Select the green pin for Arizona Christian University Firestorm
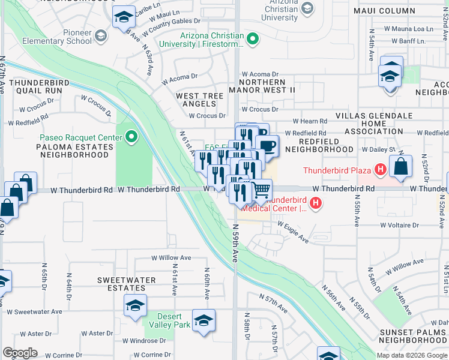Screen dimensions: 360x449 (x=253, y=40)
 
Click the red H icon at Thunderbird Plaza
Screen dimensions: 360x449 (x=379, y=170)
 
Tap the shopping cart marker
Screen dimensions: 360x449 (x=261, y=190)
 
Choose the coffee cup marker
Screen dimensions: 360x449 (x=267, y=145)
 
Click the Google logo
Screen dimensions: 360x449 (x=20, y=352)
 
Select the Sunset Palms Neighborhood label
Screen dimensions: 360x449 (x=414, y=336)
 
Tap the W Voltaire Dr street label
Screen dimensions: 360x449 (x=399, y=225)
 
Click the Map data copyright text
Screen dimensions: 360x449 (x=412, y=355)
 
